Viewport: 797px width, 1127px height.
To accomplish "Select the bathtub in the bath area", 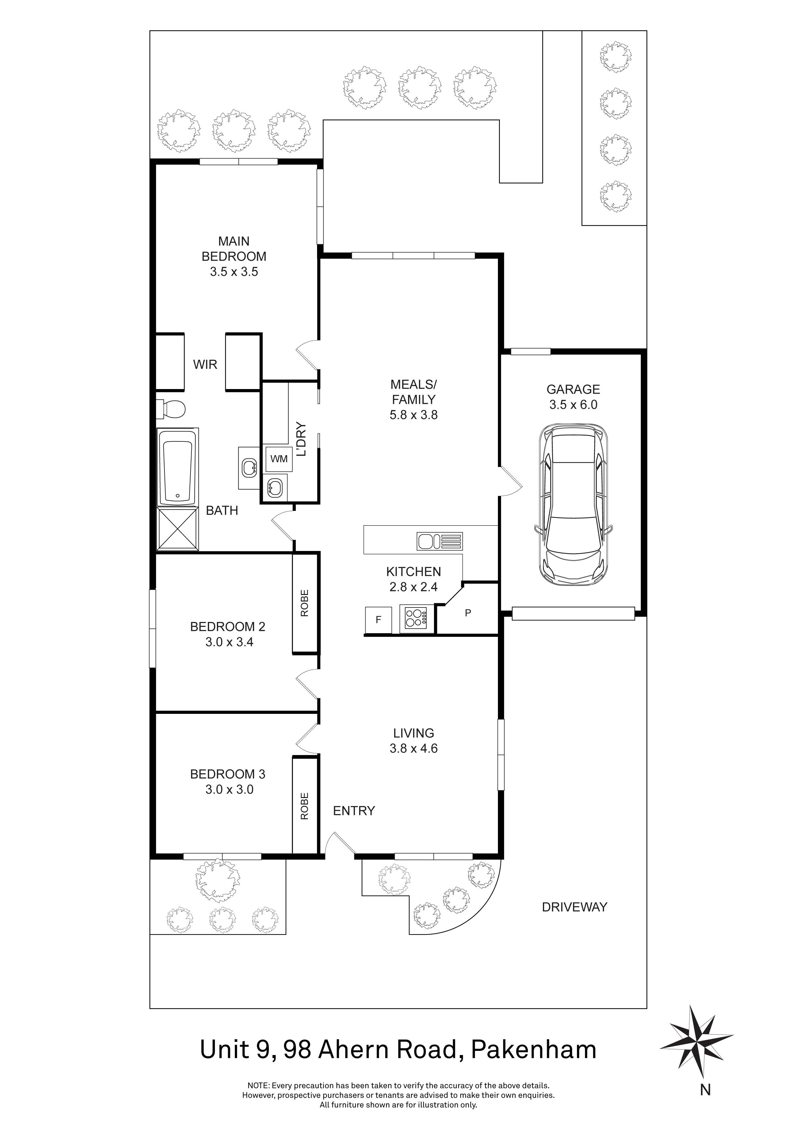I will coord(177,466).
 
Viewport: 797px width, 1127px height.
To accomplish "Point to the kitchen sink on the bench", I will coord(439,541).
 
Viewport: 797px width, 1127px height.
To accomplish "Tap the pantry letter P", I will coord(468,613).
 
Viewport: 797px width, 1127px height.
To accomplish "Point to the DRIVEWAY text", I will coord(574,907).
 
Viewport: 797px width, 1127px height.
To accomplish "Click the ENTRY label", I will coord(354,811).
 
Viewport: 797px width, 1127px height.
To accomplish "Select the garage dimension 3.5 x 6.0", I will coord(573,404).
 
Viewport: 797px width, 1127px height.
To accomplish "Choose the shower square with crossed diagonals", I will coord(177,529).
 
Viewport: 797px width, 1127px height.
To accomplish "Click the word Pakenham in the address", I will coord(534,1050).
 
